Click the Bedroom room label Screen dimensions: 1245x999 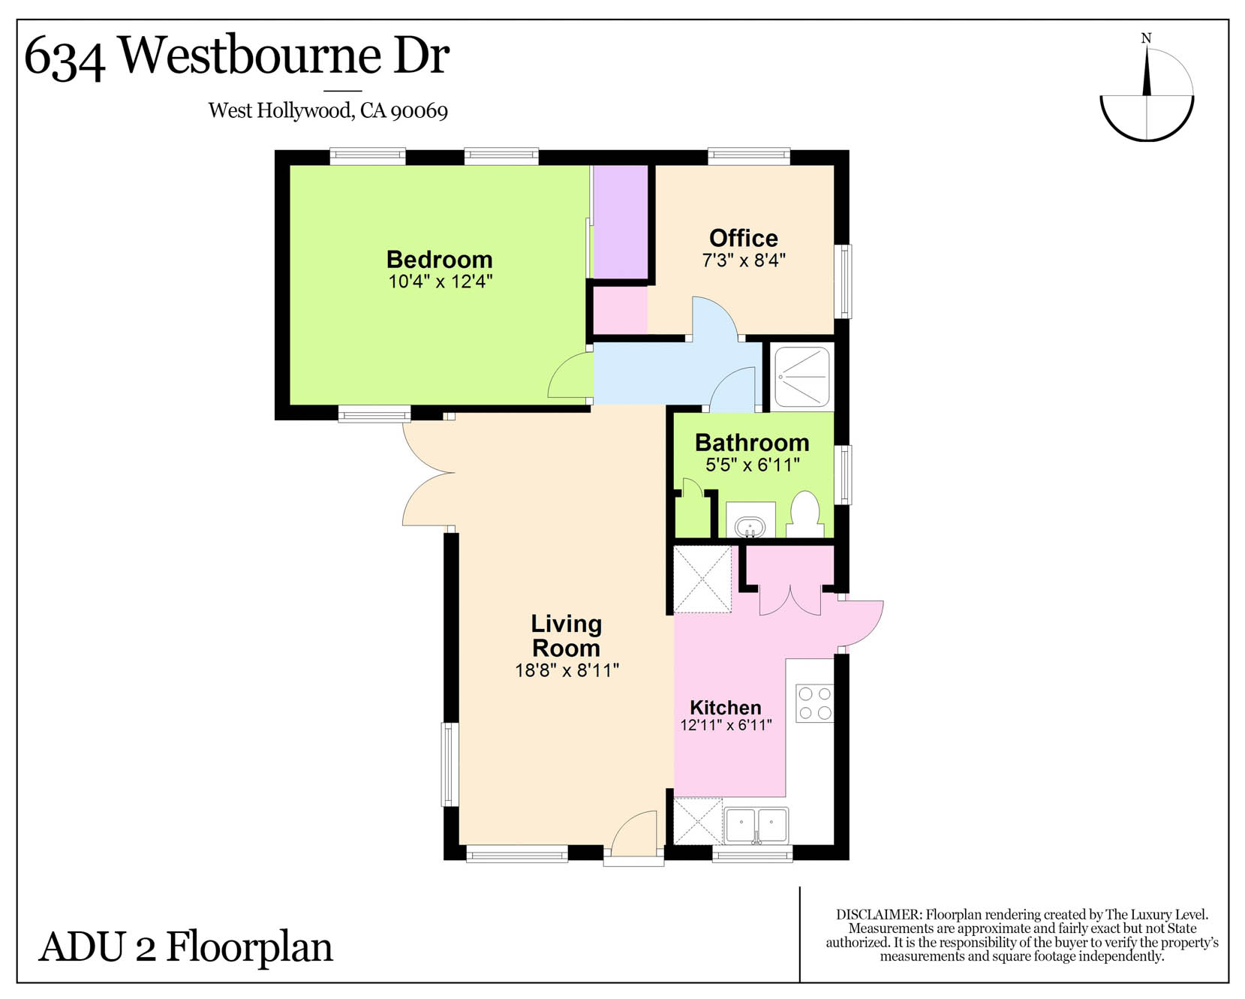tap(440, 259)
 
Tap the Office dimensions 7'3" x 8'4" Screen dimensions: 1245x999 tap(744, 260)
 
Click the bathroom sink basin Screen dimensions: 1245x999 tap(750, 527)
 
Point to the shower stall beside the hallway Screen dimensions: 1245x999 tap(802, 377)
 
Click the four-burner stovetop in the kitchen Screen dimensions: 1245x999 tap(815, 703)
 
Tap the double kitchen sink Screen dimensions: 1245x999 tap(756, 825)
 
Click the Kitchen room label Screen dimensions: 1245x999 tap(726, 707)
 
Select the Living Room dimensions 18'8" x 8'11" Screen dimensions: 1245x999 tap(567, 670)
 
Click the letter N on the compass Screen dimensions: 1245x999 tap(1146, 38)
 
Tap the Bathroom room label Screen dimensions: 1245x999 tap(752, 442)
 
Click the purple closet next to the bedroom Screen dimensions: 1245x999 tap(621, 222)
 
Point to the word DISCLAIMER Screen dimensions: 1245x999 tap(878, 914)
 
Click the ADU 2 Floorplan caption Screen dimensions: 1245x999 tap(185, 946)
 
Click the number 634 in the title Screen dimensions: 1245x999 tap(65, 59)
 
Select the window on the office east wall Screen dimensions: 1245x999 tap(844, 281)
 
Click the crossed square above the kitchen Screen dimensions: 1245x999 tap(702, 579)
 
